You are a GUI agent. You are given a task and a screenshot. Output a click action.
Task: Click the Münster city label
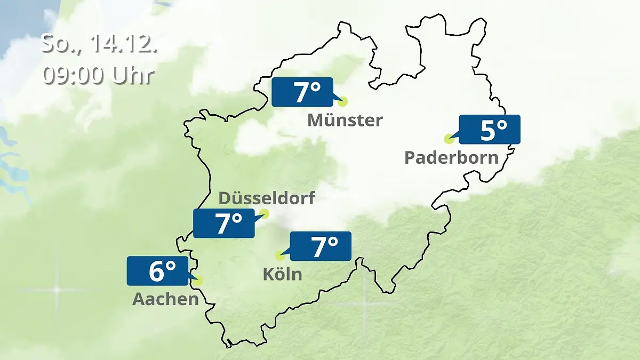(345, 121)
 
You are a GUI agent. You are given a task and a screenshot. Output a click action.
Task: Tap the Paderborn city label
(451, 157)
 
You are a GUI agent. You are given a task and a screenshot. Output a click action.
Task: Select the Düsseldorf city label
(267, 198)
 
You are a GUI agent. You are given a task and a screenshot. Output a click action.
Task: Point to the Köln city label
(282, 274)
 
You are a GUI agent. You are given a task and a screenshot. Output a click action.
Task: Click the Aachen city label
(165, 299)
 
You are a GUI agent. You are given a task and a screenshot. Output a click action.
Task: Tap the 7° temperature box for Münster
(302, 92)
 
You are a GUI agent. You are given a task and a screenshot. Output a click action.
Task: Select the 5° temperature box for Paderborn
(489, 130)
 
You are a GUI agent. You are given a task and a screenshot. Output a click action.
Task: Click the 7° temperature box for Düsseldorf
(224, 223)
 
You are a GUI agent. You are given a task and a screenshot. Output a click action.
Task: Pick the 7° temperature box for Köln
(320, 246)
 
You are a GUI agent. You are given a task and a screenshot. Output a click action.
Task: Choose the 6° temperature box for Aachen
(158, 271)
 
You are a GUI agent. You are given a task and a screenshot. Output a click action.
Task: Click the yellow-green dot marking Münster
(342, 101)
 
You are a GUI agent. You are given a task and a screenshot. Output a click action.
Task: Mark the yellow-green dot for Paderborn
(449, 139)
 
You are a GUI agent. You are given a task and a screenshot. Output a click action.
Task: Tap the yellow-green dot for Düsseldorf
(264, 214)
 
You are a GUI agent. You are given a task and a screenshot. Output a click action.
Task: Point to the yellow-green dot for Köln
(279, 255)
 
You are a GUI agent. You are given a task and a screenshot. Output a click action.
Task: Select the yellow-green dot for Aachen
(199, 280)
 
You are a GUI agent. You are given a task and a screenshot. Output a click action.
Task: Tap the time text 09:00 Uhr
(99, 75)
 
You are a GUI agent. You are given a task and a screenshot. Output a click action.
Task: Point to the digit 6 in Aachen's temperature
(156, 271)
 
